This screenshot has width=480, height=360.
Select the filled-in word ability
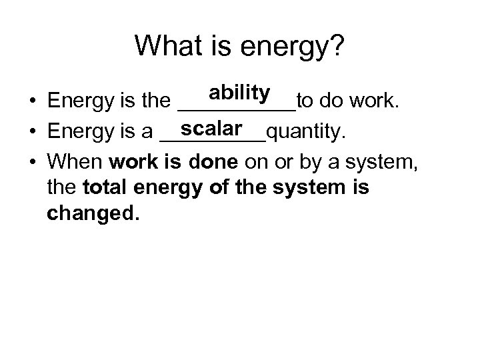(x=238, y=93)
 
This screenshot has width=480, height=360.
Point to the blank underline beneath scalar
(x=213, y=140)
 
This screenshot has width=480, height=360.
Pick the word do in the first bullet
(x=329, y=101)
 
